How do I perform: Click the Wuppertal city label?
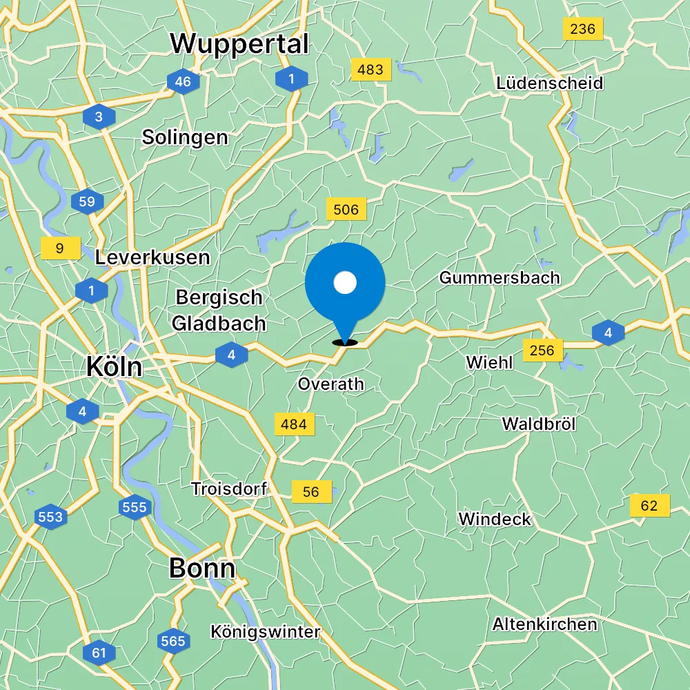tap(239, 44)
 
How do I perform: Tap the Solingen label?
tap(185, 137)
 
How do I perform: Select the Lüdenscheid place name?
tap(549, 83)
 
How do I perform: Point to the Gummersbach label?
tap(500, 278)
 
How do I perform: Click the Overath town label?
tap(331, 384)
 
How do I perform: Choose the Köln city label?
tap(114, 366)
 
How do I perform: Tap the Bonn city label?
tap(202, 569)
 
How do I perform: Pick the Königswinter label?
tap(266, 631)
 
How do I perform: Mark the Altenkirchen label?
tap(544, 624)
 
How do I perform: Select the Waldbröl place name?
tap(539, 424)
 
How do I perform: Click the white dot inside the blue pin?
tap(344, 282)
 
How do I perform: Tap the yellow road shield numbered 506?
tap(346, 210)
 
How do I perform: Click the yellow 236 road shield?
tap(583, 29)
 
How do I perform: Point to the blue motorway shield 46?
tap(183, 82)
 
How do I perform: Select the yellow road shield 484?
tap(294, 424)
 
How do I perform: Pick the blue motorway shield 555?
tap(134, 508)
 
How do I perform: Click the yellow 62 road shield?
tap(649, 506)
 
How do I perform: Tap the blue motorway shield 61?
tap(99, 652)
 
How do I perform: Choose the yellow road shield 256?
tap(542, 351)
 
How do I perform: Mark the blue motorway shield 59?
tap(87, 202)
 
